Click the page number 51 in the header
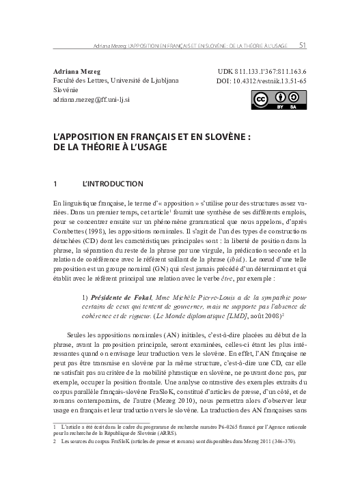click(x=303, y=46)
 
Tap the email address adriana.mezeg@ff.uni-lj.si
click(x=96, y=99)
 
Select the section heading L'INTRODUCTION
click(x=112, y=184)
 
